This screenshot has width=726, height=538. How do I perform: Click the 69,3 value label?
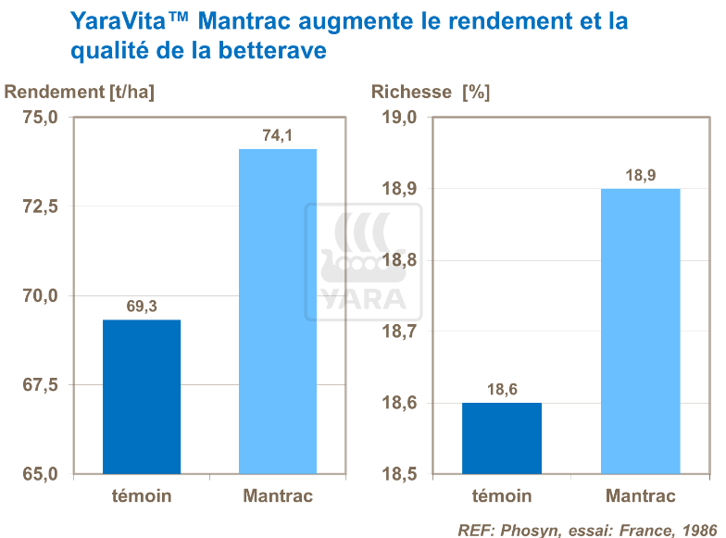[141, 307]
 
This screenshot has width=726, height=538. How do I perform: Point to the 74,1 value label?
[278, 136]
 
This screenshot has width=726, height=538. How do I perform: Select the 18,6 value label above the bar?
[502, 390]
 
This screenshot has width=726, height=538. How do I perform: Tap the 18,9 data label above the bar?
[641, 175]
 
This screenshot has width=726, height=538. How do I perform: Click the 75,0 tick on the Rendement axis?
[40, 118]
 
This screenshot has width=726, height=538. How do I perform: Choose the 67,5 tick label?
[40, 384]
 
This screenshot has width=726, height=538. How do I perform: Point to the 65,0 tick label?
[40, 474]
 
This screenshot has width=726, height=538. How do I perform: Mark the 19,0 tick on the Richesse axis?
[401, 118]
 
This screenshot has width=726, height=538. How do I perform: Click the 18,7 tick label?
[401, 332]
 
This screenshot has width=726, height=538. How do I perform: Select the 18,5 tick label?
[401, 474]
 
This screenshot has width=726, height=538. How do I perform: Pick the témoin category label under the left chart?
[141, 496]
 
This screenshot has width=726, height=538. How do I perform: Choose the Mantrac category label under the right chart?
[641, 496]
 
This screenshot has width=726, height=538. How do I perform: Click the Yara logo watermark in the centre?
[363, 263]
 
